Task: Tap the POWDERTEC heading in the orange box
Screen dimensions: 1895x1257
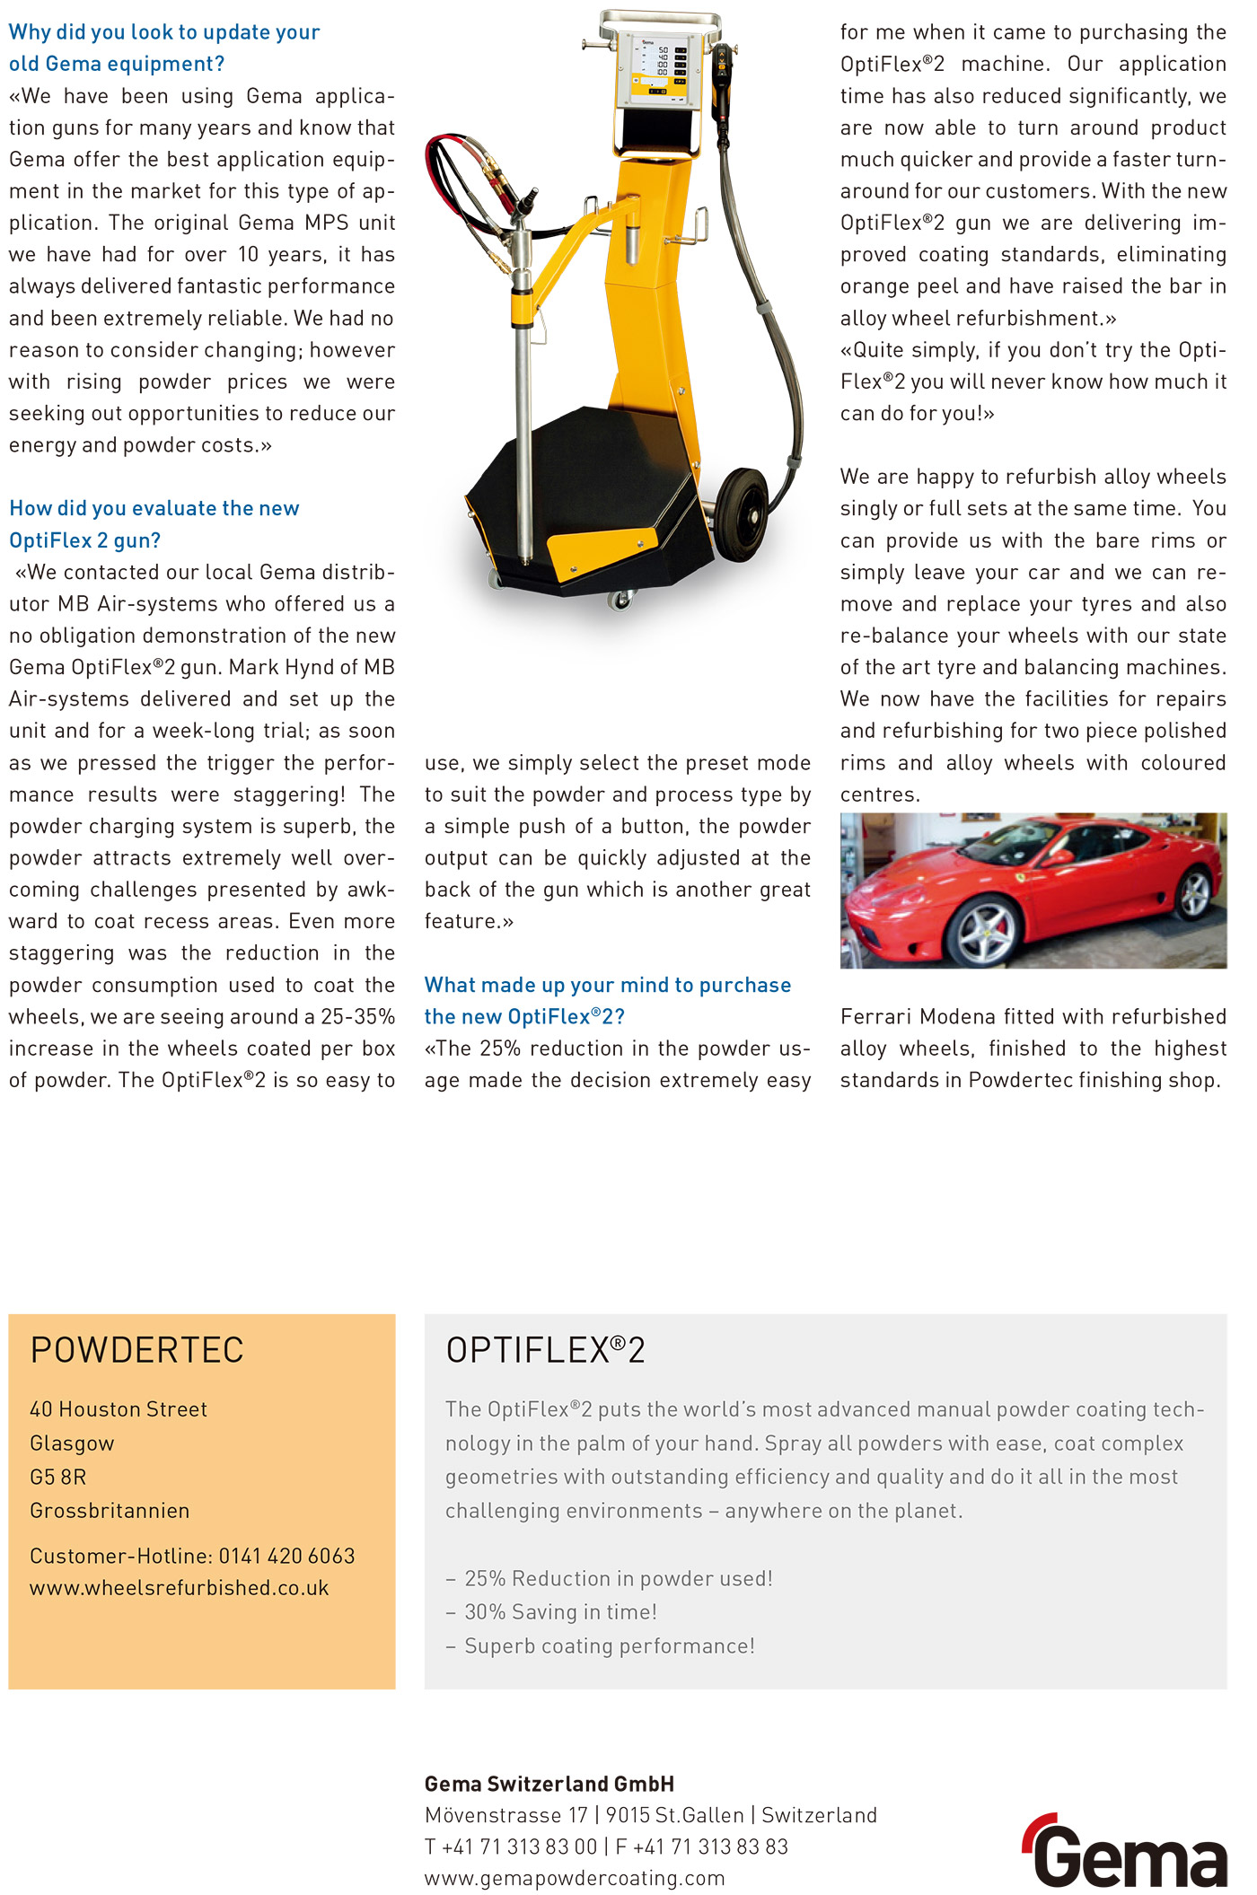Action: (136, 1350)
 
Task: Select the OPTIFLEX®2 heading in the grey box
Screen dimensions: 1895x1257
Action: (545, 1350)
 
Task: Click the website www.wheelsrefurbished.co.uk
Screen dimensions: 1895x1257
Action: (179, 1588)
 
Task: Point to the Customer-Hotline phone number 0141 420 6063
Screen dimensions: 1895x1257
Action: (286, 1556)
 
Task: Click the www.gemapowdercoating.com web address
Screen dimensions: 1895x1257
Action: (575, 1878)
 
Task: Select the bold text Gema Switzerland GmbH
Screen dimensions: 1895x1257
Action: (549, 1784)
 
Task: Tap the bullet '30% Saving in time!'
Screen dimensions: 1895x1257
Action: (560, 1612)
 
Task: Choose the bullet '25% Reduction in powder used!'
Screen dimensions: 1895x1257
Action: (618, 1578)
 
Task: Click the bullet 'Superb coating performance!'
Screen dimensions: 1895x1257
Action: (609, 1646)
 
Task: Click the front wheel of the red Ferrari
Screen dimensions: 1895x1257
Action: (984, 931)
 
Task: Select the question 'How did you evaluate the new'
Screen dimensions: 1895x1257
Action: (154, 508)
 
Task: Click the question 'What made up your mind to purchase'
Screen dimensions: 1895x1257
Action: (607, 985)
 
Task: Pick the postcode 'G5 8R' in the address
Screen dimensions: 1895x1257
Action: (58, 1477)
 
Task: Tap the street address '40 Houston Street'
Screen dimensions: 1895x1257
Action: (119, 1409)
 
